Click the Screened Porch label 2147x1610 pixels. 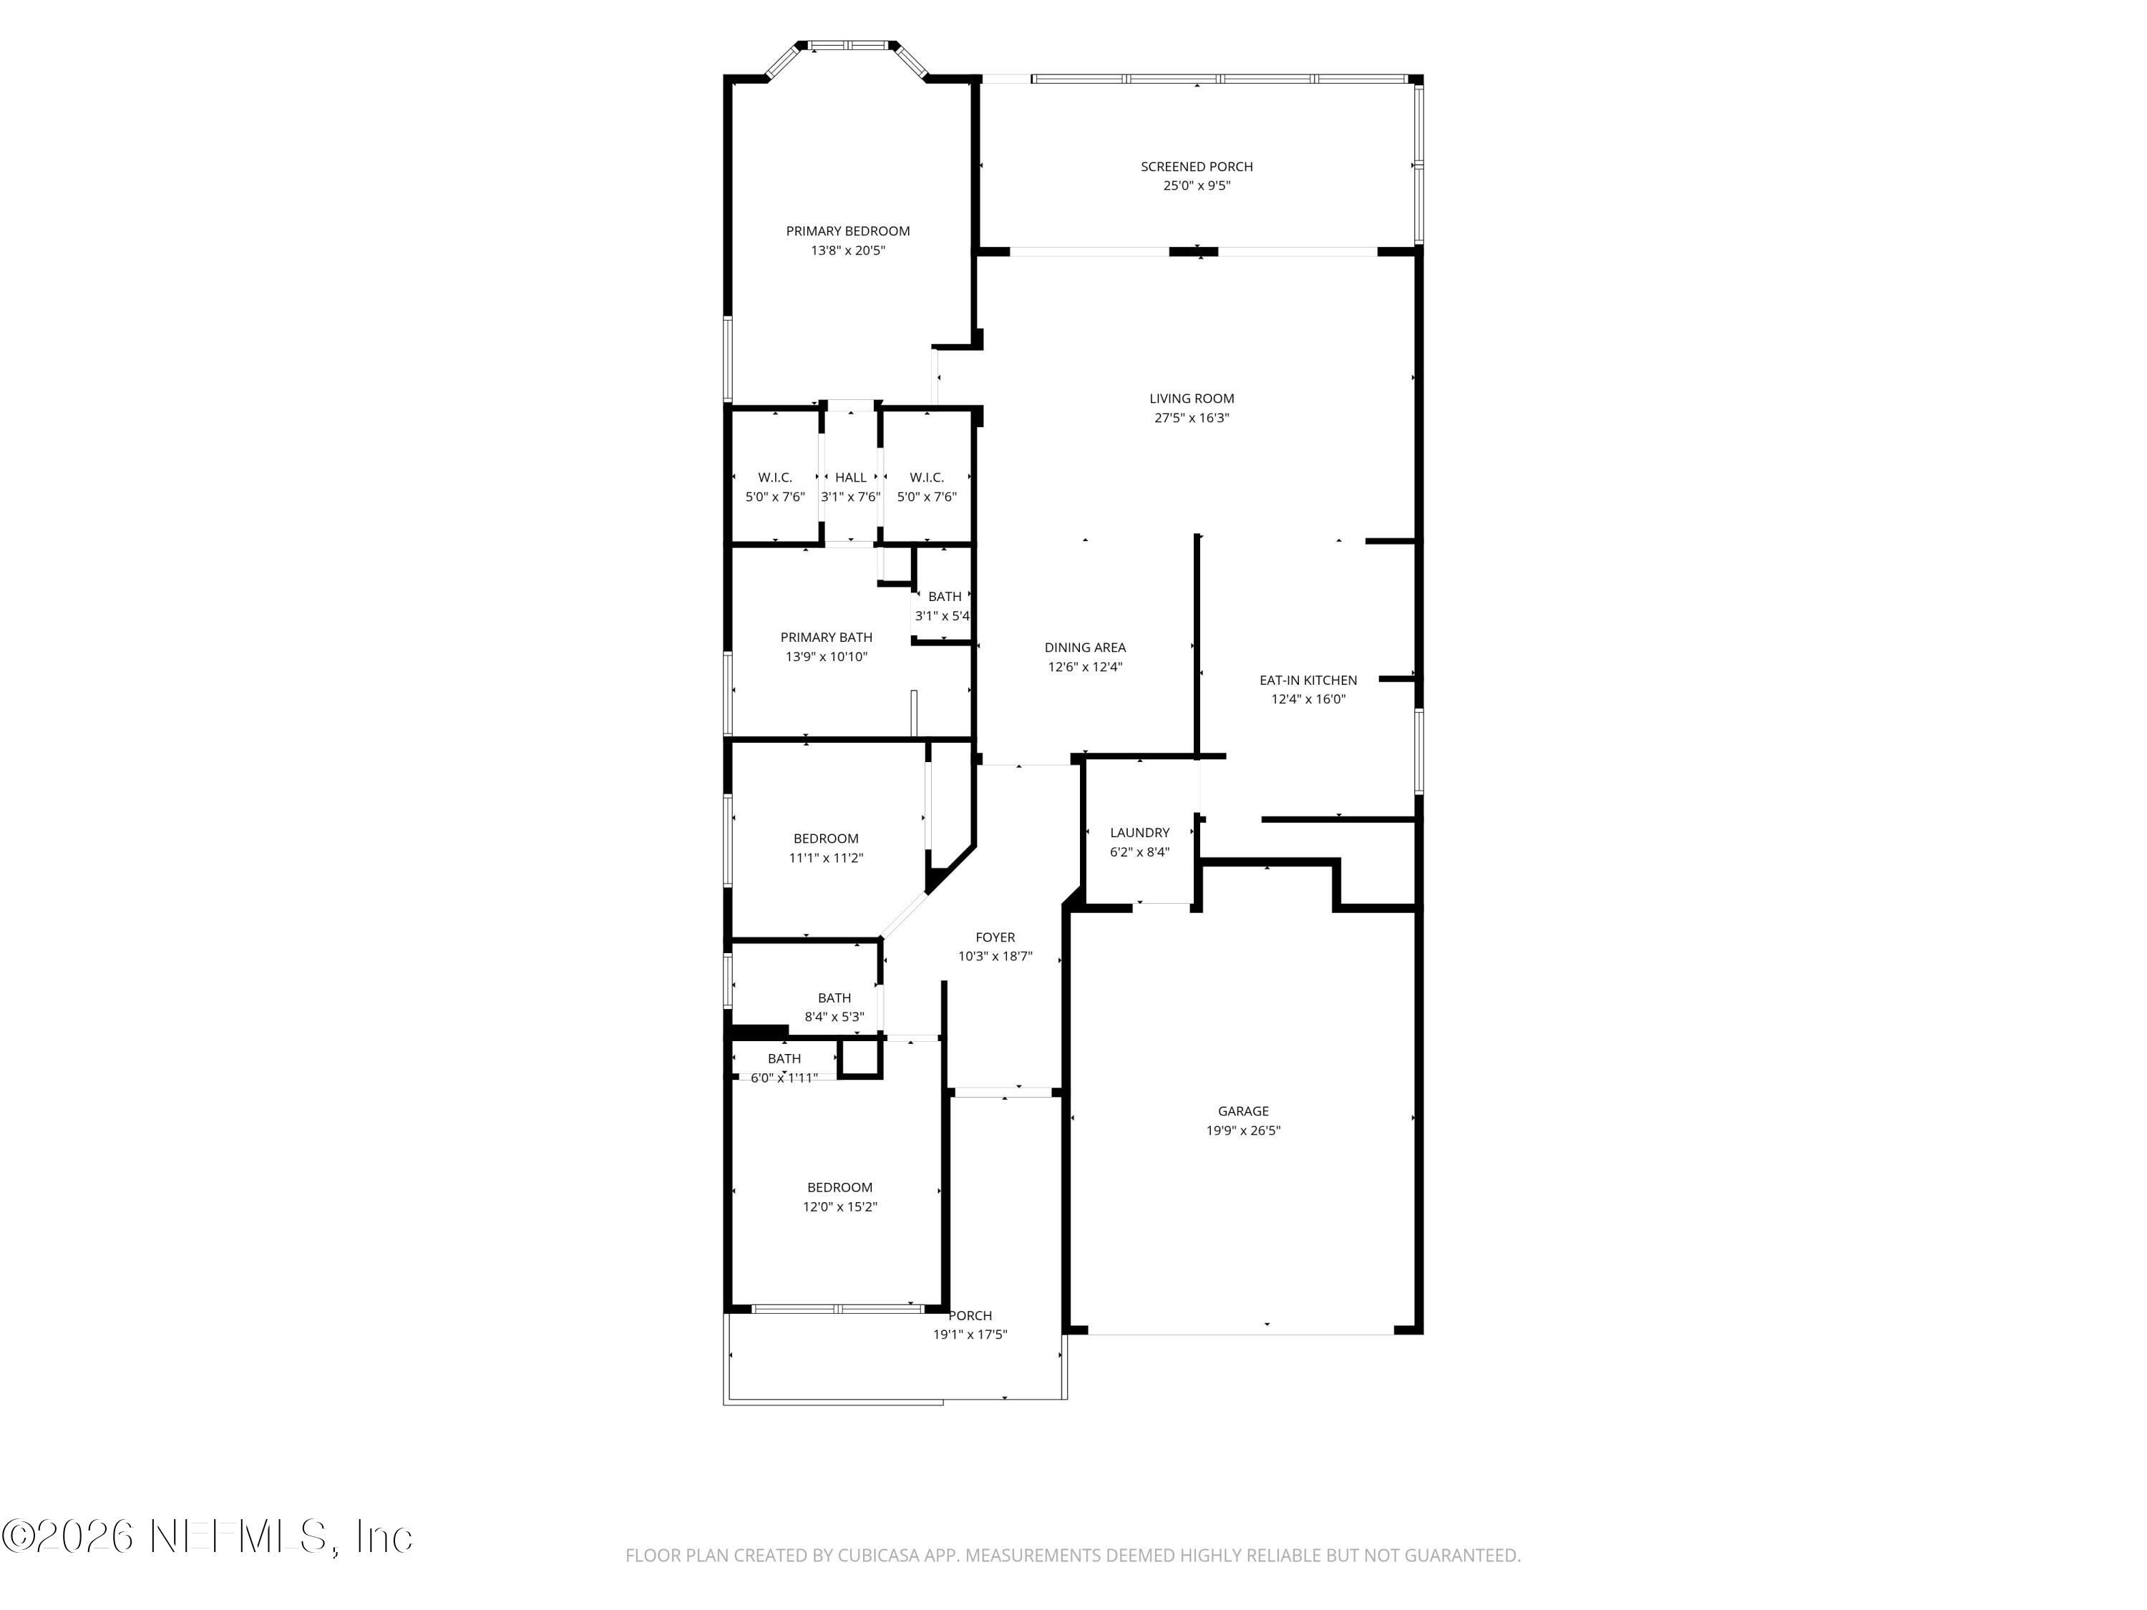click(x=1197, y=167)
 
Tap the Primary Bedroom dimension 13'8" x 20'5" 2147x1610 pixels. click(x=848, y=250)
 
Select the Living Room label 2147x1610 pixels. click(x=1192, y=399)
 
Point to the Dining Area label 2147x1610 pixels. click(x=1085, y=648)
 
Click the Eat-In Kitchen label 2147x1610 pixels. click(x=1308, y=680)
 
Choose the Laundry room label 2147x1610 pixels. click(x=1139, y=833)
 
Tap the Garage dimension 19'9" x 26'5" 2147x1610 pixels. click(x=1243, y=1131)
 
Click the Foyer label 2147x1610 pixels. click(x=995, y=937)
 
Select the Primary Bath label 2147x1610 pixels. click(x=826, y=638)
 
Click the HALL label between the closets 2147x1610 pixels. click(x=850, y=477)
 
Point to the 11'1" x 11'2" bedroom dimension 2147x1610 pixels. click(x=826, y=858)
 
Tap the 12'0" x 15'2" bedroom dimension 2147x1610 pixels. click(x=839, y=1207)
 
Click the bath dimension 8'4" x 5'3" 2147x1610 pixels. click(x=834, y=1017)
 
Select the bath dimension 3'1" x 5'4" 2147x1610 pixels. click(x=943, y=616)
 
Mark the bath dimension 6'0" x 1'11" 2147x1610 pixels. click(x=784, y=1078)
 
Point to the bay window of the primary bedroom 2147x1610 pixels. click(x=848, y=46)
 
